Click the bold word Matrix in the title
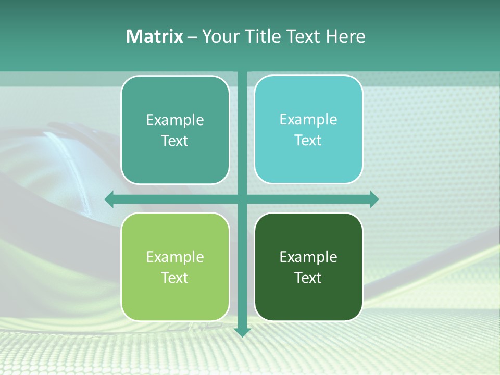point(154,36)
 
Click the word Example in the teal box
point(175,120)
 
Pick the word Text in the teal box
point(175,141)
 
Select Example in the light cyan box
point(308,120)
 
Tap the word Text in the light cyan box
point(308,141)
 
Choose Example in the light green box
point(175,257)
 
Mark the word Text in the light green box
point(175,278)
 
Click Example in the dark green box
point(308,257)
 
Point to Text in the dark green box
point(308,278)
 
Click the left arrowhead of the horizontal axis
point(109,199)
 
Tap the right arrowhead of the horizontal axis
point(374,199)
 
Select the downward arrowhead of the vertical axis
point(242,332)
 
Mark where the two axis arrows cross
point(242,199)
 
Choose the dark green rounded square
point(308,302)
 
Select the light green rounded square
point(175,302)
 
